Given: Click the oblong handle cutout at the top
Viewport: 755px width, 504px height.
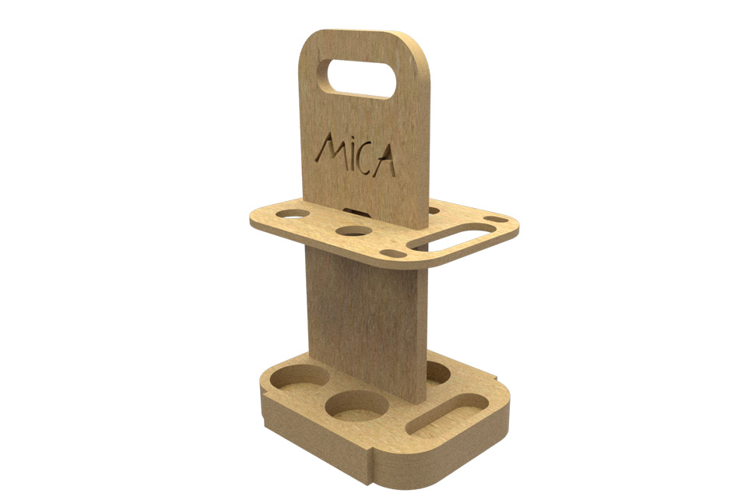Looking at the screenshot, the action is coord(356,78).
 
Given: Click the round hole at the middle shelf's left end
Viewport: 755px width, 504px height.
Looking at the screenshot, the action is coord(293,213).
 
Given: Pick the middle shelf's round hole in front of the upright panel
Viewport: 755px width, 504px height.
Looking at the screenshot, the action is coord(355,231).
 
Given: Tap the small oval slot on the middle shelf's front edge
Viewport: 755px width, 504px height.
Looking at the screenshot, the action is coord(393,253).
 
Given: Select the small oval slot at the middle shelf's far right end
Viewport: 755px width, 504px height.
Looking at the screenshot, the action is coord(496,220).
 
